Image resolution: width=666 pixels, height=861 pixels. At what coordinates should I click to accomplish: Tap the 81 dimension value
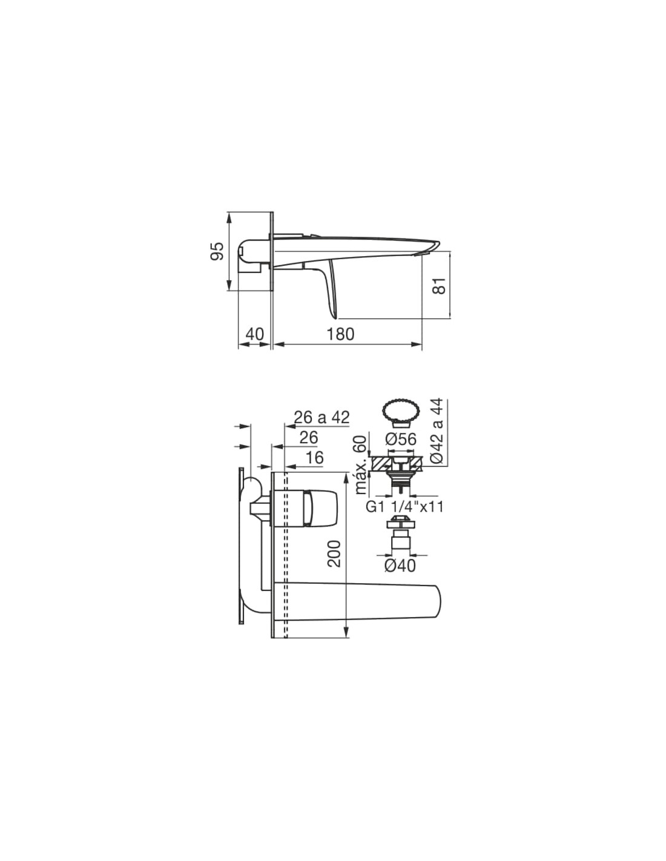tap(440, 285)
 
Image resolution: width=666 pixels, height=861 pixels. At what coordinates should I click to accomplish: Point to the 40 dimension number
tap(254, 334)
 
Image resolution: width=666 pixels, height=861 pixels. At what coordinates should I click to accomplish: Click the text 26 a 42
tap(321, 417)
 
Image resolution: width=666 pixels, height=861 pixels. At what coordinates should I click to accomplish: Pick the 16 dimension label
tap(315, 458)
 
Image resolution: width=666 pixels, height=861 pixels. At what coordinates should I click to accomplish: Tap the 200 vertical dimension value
tap(334, 553)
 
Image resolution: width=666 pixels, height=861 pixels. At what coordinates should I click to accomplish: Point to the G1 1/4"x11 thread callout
tap(404, 507)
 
